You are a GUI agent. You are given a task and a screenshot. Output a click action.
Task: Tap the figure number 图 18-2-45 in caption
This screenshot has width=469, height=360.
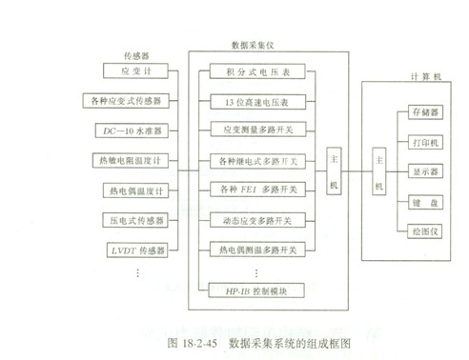click(195, 338)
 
